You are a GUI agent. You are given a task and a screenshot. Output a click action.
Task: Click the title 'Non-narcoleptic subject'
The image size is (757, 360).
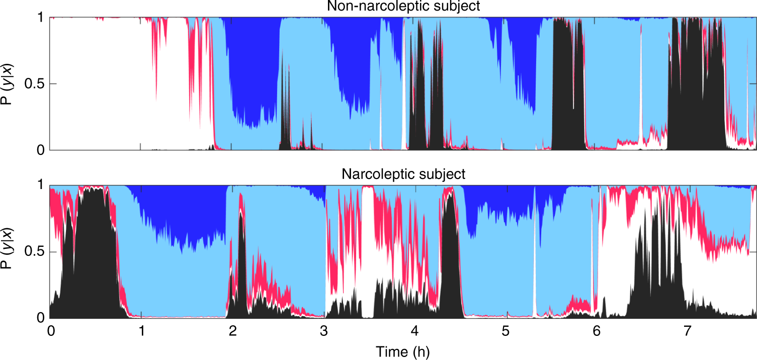click(403, 7)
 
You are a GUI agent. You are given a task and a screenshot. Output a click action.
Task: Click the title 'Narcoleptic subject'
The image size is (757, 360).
click(403, 174)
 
